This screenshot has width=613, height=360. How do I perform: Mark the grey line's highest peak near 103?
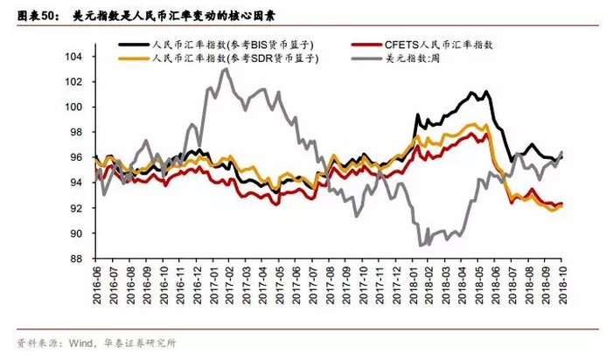226,69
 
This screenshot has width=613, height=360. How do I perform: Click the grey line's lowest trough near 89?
421,246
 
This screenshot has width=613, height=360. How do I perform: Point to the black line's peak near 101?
473,91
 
